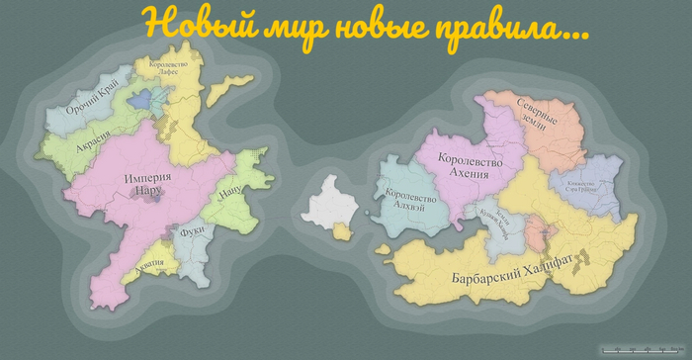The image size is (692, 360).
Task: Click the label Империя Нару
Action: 148,183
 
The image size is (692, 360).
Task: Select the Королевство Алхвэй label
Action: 406,203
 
